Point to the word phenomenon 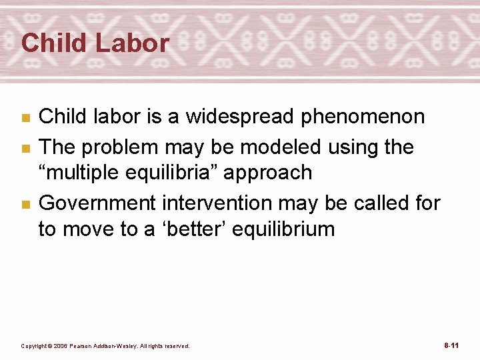(363, 117)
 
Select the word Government (87, 202)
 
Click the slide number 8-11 (451, 345)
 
